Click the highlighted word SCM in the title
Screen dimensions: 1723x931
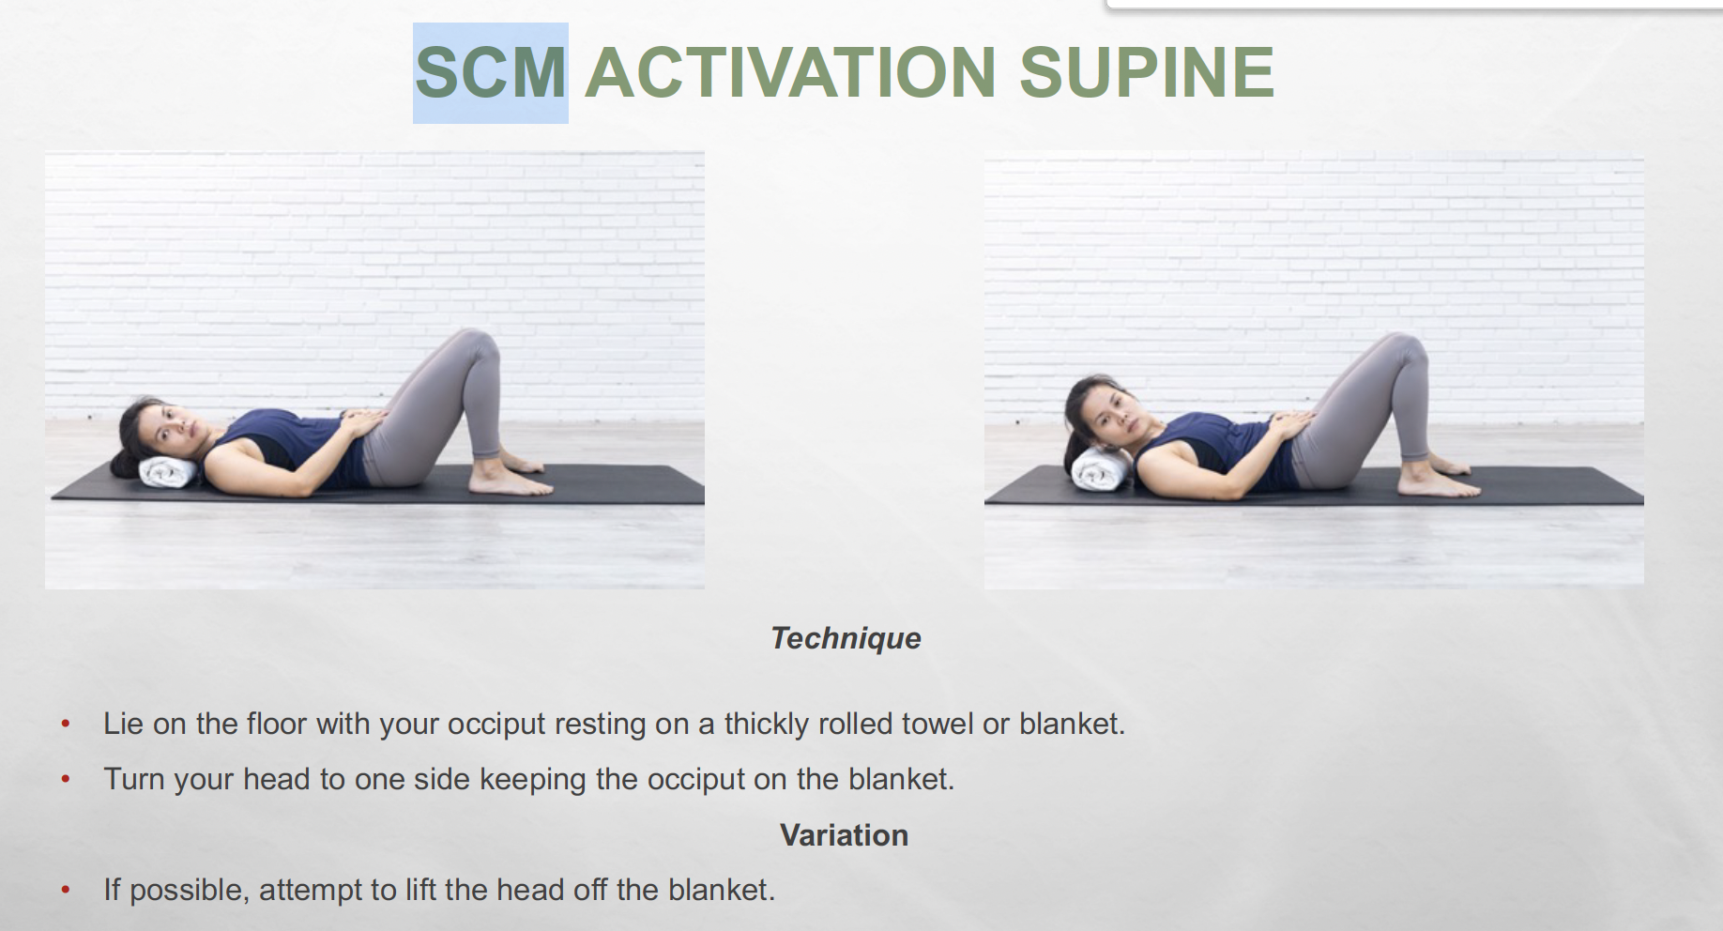click(491, 72)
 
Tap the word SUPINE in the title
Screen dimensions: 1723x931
click(1146, 72)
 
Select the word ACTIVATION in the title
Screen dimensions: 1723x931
click(790, 72)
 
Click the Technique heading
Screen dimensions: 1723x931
click(846, 638)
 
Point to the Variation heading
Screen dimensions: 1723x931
click(844, 835)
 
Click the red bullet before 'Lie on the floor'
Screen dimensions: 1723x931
click(66, 724)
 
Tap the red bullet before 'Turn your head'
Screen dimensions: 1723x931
click(66, 779)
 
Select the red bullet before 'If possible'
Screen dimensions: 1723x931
click(66, 890)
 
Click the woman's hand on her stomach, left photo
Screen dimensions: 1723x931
click(360, 422)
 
